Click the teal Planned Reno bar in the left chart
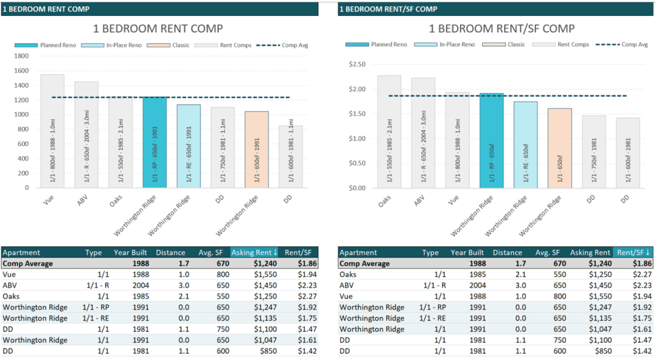154,142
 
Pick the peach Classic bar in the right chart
559,148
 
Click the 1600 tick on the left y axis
22,70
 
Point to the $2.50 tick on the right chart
356,65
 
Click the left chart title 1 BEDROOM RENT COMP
158,28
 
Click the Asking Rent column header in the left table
254,253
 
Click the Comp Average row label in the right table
365,263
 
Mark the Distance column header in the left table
170,253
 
